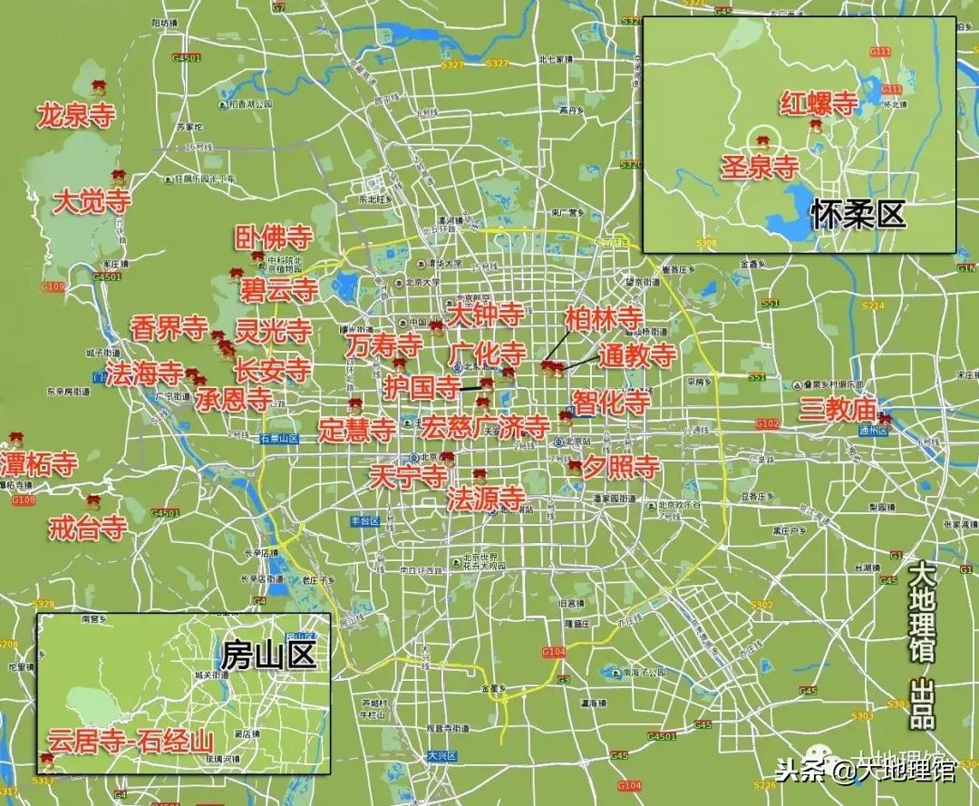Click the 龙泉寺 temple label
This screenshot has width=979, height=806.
(x=77, y=115)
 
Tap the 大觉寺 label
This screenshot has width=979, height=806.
(x=92, y=201)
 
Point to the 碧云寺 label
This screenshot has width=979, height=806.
(x=279, y=290)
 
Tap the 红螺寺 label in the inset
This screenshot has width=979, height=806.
(x=819, y=103)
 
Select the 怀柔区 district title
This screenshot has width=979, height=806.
(x=858, y=214)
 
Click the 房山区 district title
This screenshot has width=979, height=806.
(x=268, y=653)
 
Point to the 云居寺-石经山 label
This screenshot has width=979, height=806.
(x=132, y=742)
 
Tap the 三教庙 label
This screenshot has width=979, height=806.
(x=838, y=410)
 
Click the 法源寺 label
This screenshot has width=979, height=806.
(x=486, y=498)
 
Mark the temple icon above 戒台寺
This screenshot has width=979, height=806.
(x=93, y=500)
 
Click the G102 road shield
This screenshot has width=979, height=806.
(x=767, y=423)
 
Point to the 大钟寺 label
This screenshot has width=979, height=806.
(x=486, y=316)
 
